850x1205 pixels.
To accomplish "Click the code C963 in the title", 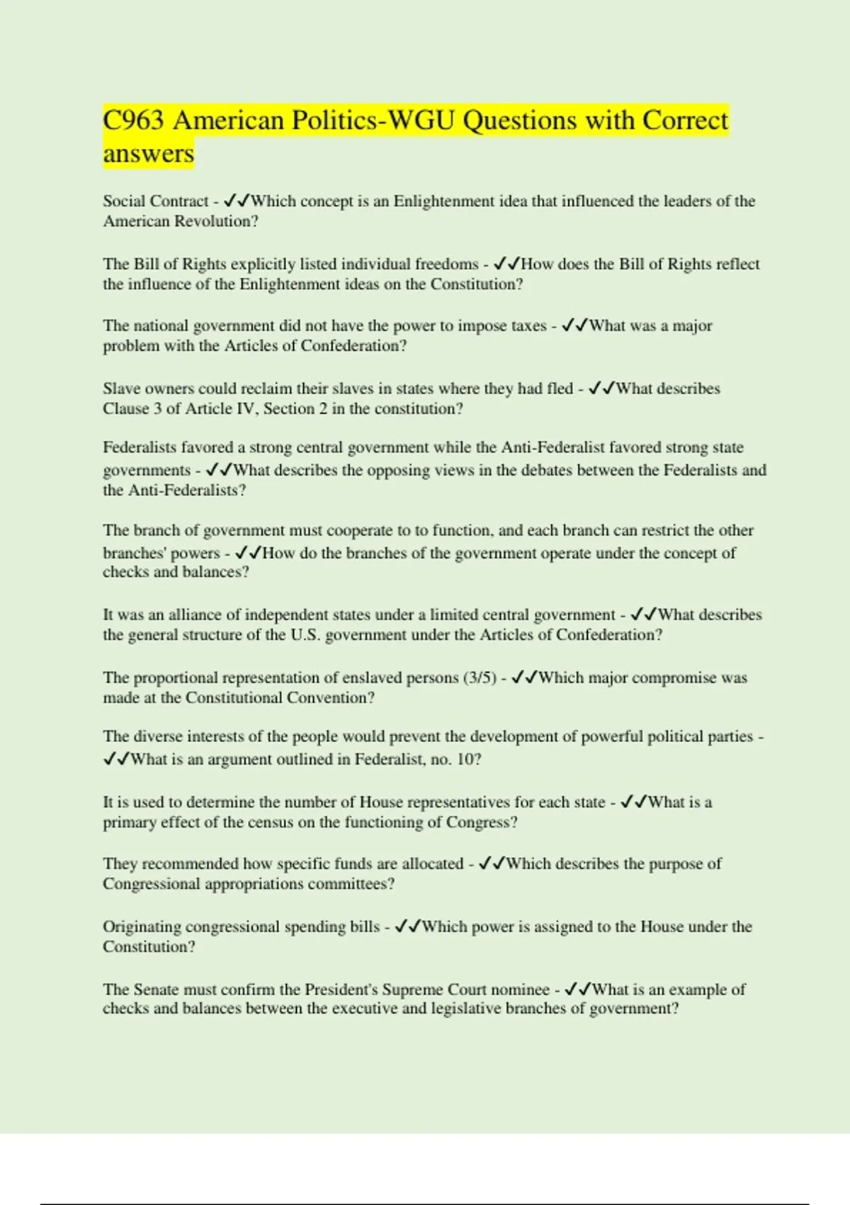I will [133, 120].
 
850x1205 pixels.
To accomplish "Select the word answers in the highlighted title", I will [148, 153].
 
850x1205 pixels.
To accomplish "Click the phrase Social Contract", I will [156, 201].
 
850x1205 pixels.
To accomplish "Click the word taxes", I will [528, 326].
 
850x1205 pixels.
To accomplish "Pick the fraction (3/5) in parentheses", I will [480, 678].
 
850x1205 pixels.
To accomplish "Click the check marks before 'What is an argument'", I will [116, 759].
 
